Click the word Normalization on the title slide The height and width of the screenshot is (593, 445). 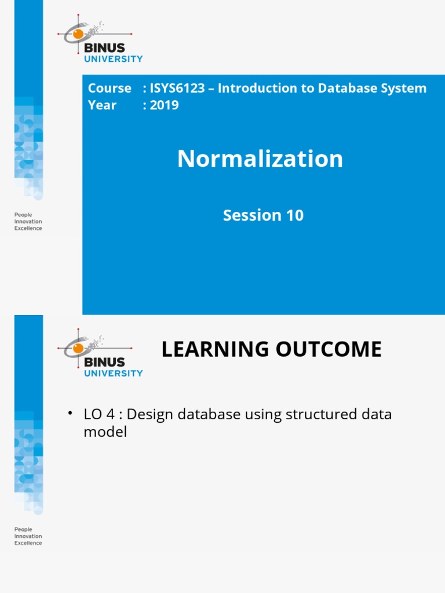[x=260, y=159]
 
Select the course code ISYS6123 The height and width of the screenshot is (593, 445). [x=177, y=89]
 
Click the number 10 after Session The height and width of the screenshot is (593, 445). [x=294, y=215]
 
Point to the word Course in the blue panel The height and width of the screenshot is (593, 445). [x=110, y=89]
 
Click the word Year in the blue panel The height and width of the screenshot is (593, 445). [x=102, y=105]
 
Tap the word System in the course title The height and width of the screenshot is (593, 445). [x=406, y=89]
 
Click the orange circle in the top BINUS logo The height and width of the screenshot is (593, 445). [x=78, y=34]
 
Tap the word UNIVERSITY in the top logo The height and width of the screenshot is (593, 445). [x=114, y=58]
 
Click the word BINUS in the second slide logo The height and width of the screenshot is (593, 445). [x=104, y=362]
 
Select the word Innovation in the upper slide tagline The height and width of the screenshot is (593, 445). [x=28, y=221]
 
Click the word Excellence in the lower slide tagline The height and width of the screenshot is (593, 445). [x=28, y=543]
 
